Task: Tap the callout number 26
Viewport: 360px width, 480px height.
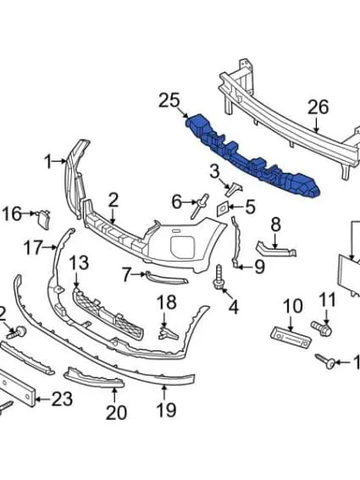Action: [317, 107]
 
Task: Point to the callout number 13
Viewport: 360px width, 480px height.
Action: [79, 262]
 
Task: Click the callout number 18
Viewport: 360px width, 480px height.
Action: [166, 302]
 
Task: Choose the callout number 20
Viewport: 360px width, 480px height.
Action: [115, 412]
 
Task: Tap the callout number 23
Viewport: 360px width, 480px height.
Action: [62, 399]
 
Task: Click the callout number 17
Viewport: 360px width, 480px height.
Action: [32, 248]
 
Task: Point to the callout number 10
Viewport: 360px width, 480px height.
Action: [291, 306]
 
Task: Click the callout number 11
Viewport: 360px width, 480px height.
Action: [327, 299]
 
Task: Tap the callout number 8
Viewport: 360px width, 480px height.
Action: [275, 224]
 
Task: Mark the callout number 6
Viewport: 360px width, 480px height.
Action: [177, 201]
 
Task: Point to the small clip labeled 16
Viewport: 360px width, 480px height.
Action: [42, 218]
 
